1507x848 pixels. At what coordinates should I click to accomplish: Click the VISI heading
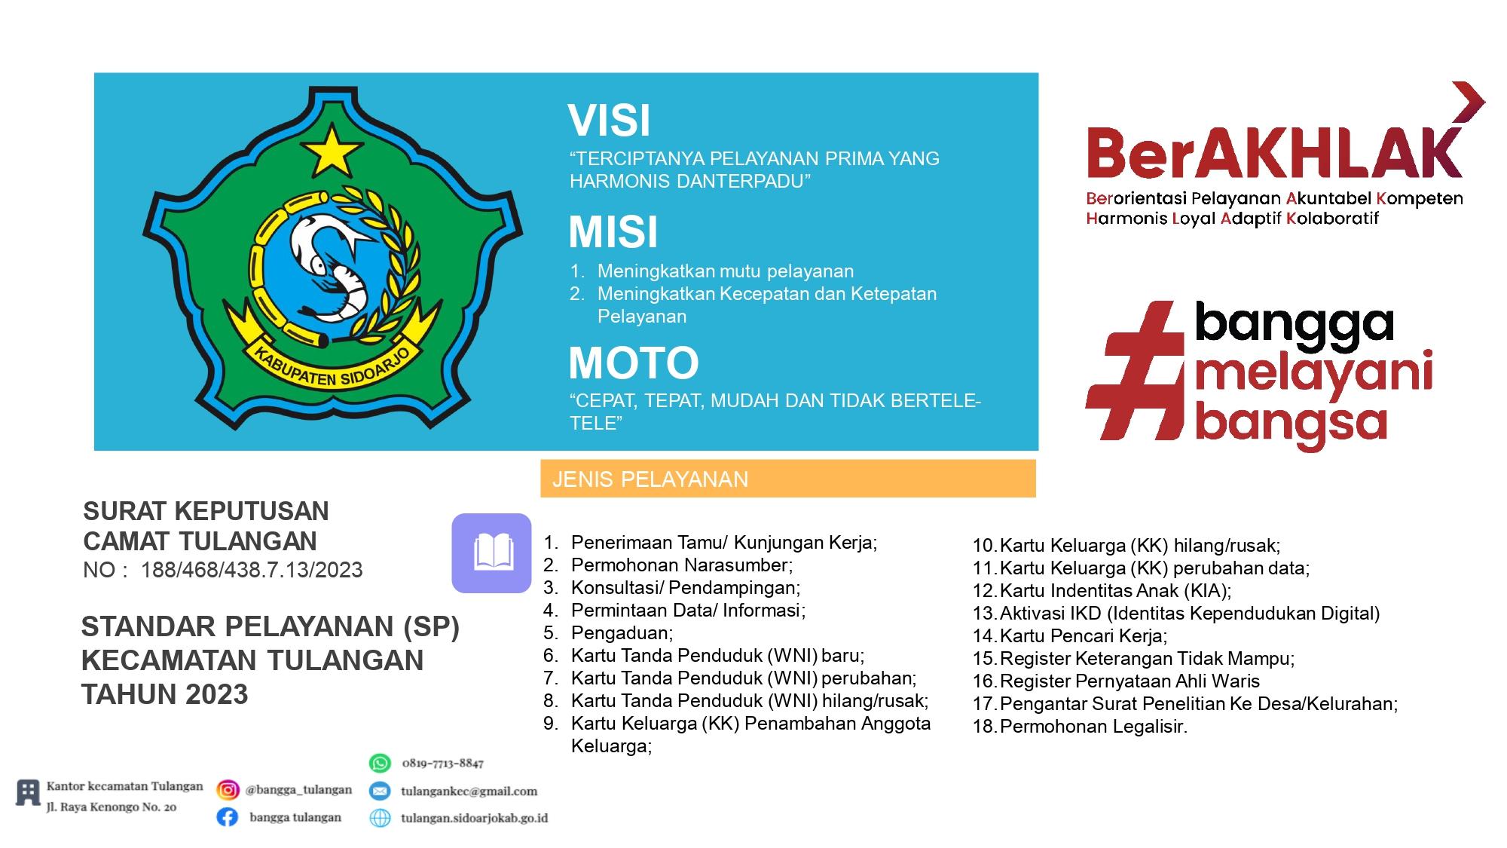609,121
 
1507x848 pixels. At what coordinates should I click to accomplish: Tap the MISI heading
613,231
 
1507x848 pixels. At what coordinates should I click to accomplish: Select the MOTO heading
634,363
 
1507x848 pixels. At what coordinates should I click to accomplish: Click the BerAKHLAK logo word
1273,153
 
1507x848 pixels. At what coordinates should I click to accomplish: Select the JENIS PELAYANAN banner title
650,479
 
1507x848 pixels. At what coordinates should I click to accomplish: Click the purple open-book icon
492,553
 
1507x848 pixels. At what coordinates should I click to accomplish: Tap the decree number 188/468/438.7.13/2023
252,570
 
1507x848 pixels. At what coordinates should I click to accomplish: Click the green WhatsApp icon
380,763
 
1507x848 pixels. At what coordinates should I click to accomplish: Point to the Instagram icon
228,789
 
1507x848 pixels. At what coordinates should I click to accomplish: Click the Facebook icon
228,817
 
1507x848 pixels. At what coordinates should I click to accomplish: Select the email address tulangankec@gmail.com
469,791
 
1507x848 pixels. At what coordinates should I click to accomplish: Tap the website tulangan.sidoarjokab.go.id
474,818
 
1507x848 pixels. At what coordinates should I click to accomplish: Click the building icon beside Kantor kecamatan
28,793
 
